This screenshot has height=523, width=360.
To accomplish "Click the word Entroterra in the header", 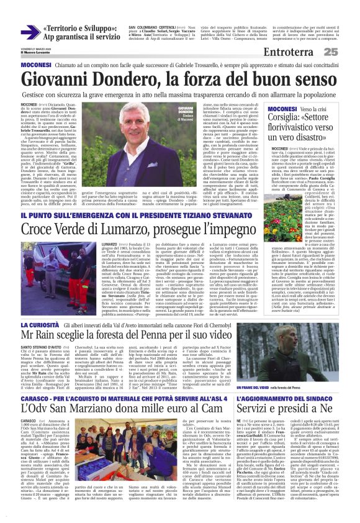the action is pos(291,52).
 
